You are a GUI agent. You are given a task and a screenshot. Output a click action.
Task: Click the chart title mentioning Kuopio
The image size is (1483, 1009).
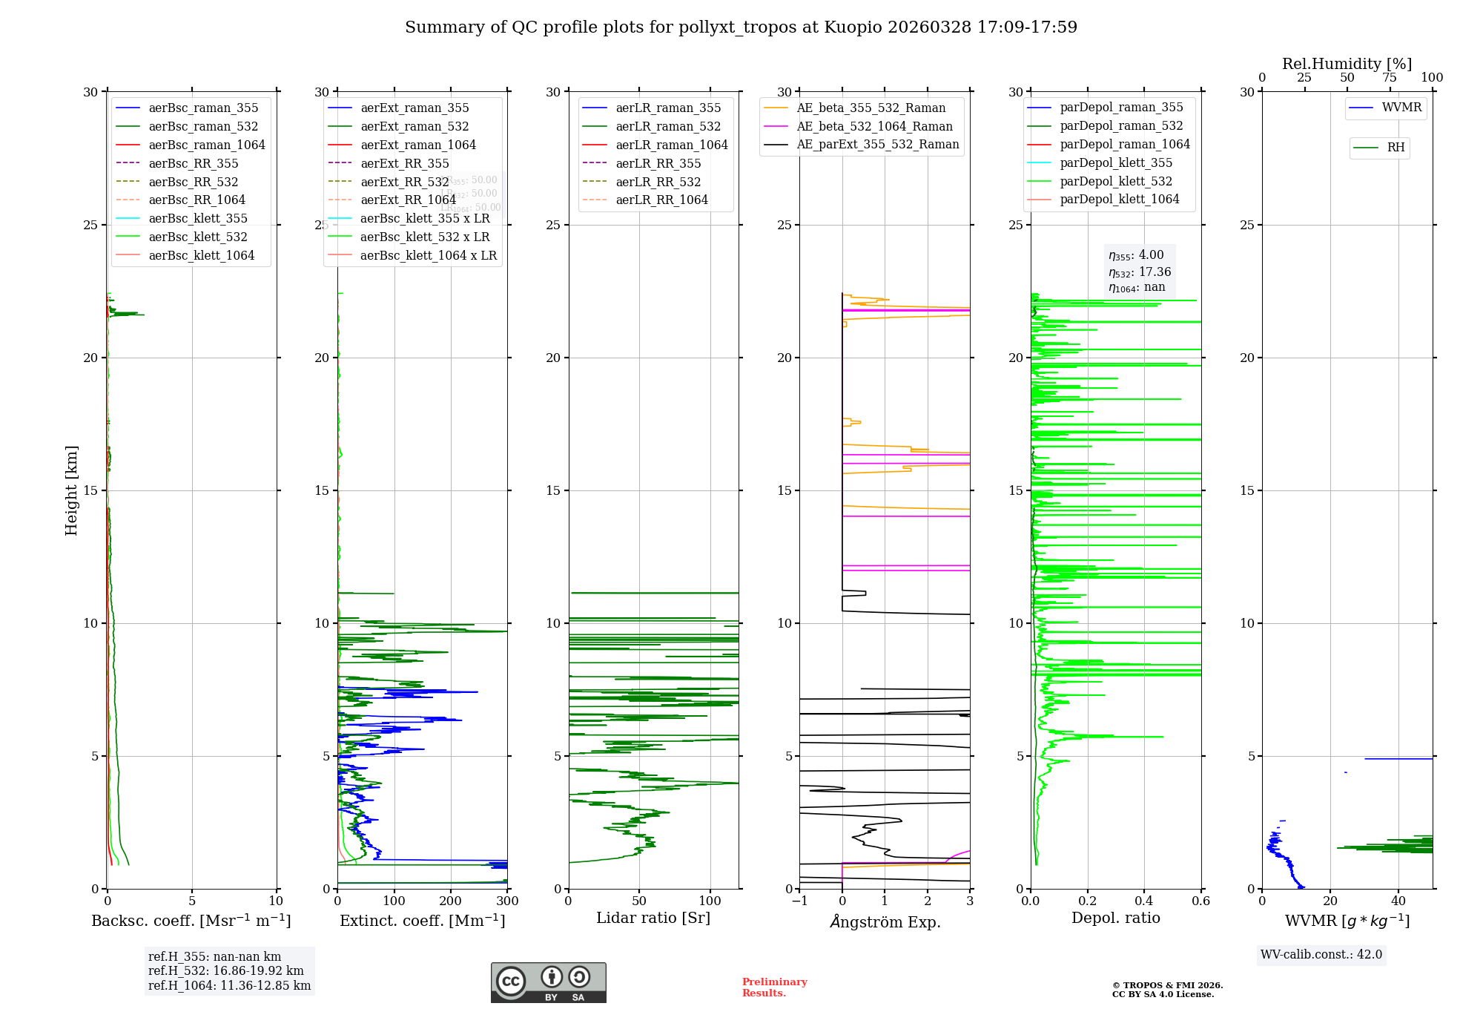(x=741, y=27)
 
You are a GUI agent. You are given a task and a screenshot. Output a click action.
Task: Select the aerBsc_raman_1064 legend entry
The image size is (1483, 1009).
(x=206, y=145)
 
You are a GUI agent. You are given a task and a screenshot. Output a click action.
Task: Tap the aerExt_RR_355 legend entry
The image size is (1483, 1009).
(x=404, y=163)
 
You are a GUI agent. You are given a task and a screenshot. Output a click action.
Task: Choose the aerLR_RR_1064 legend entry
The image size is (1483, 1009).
(x=661, y=200)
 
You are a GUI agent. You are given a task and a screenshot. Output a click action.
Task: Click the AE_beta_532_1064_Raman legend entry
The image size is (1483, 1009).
(x=874, y=126)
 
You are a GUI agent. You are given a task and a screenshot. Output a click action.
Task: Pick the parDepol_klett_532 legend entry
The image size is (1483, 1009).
(x=1116, y=181)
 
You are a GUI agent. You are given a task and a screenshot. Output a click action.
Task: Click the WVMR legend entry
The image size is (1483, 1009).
(x=1401, y=108)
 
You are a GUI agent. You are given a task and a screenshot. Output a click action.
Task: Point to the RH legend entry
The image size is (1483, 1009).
(x=1396, y=148)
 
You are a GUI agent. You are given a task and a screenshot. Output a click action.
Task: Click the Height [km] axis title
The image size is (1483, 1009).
(x=71, y=490)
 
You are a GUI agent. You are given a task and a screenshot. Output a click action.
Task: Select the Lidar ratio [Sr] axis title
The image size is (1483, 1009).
(x=653, y=918)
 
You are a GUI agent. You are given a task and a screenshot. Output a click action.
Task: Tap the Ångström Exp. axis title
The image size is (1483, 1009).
(x=885, y=921)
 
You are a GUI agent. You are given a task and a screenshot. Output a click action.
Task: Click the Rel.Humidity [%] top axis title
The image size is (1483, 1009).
(x=1347, y=64)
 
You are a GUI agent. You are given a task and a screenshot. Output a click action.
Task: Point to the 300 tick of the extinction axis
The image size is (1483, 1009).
(x=507, y=901)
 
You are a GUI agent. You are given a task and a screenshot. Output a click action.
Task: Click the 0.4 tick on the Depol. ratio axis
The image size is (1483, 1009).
(x=1144, y=901)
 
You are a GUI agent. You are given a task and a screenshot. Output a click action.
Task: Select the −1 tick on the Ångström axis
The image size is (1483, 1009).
(x=799, y=901)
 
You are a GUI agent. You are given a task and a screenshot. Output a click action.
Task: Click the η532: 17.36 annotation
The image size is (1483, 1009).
(x=1140, y=272)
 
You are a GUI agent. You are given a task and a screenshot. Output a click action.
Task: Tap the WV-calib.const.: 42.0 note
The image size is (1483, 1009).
(x=1321, y=955)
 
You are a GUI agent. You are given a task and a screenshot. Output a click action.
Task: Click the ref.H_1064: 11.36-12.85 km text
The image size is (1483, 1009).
(x=229, y=986)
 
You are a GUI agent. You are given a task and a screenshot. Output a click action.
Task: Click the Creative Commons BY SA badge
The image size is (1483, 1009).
(x=548, y=982)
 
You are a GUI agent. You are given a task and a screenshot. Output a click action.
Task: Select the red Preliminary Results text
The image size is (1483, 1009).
(x=774, y=987)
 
